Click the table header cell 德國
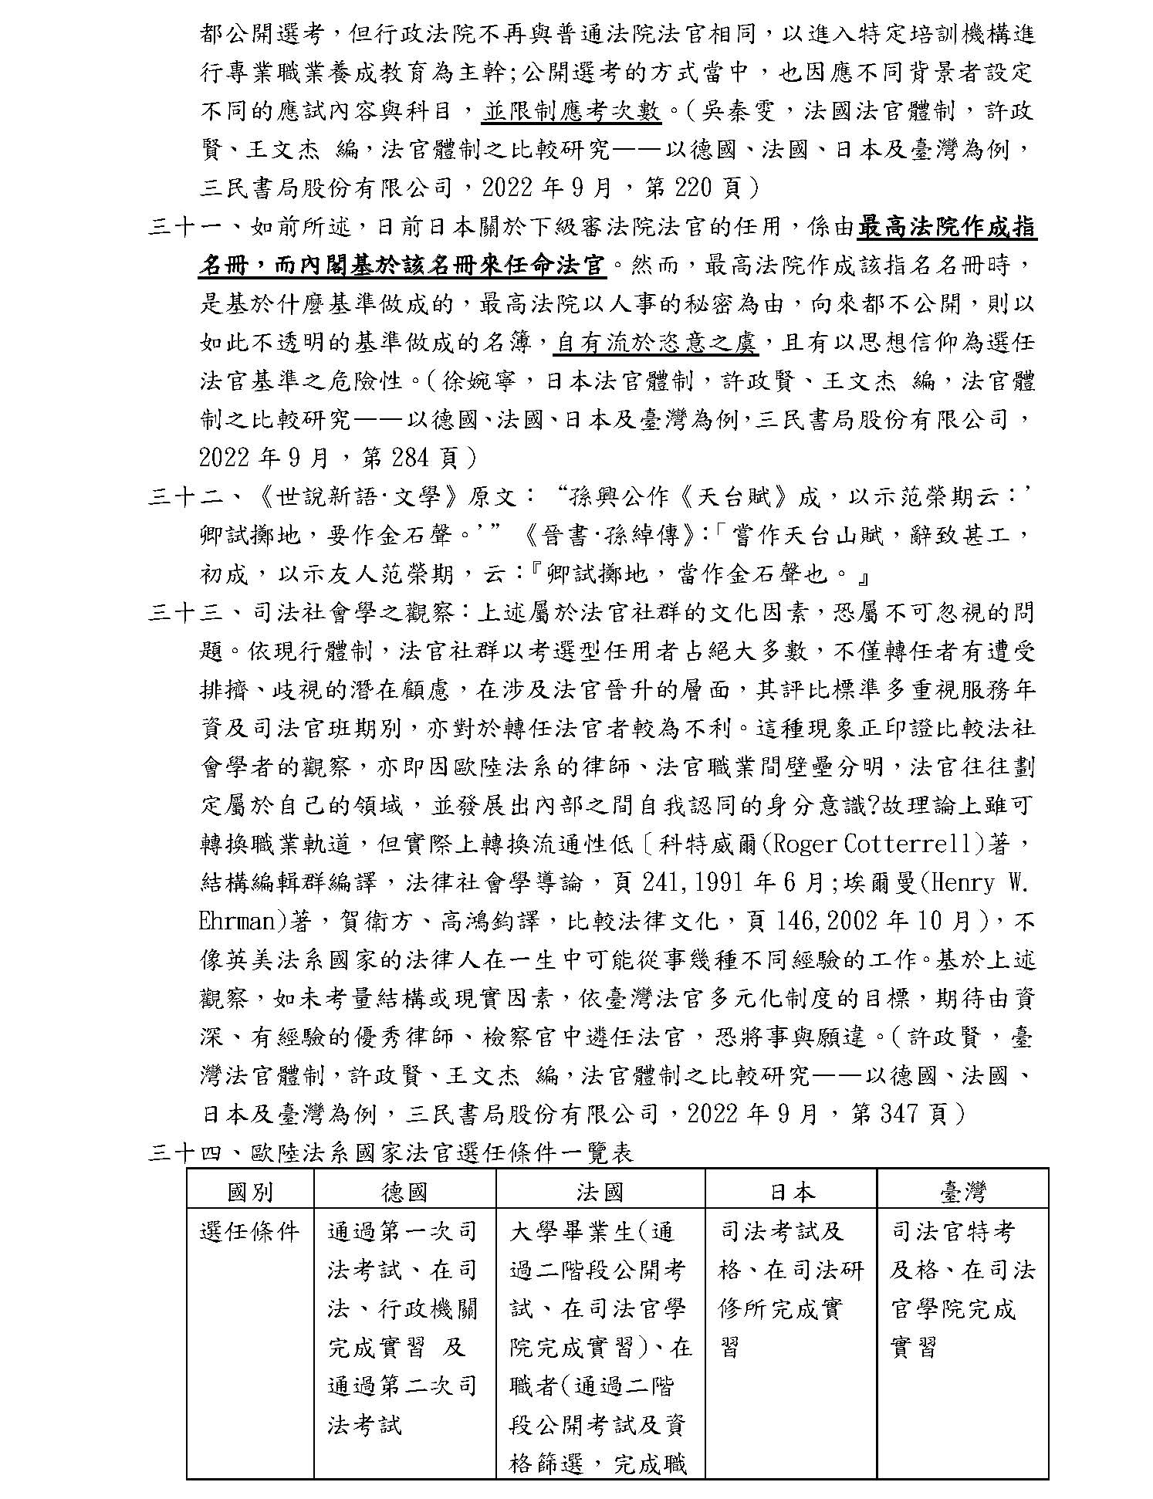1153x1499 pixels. (x=404, y=1193)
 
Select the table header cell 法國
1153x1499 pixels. (x=600, y=1193)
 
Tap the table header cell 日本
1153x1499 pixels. (x=791, y=1193)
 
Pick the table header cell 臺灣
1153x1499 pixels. (x=962, y=1193)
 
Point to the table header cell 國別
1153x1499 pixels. (x=250, y=1193)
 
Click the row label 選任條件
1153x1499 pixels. (x=250, y=1231)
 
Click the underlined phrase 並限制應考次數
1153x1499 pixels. (x=572, y=112)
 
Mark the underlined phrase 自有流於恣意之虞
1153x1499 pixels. (x=656, y=343)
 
